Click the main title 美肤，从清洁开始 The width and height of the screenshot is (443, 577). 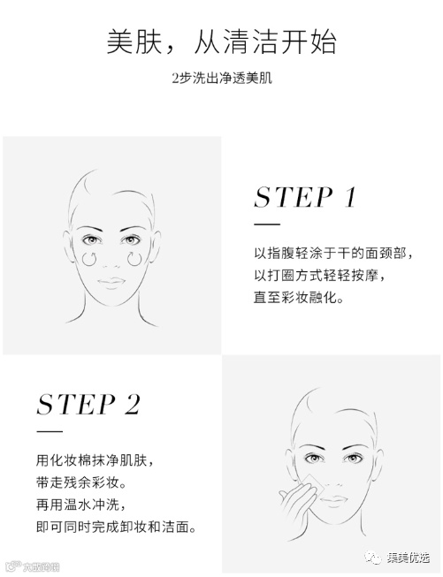tap(221, 42)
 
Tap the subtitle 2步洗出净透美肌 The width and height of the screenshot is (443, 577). tap(222, 78)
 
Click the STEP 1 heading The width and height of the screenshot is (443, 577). tap(305, 197)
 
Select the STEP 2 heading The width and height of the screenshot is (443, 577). tap(88, 405)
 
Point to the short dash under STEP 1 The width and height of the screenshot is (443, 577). tap(267, 224)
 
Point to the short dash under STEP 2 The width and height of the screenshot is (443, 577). tap(50, 431)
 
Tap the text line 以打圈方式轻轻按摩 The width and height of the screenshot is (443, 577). tap(319, 276)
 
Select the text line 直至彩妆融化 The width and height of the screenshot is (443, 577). tap(299, 297)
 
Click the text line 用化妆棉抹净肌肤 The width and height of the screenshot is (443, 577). tap(95, 460)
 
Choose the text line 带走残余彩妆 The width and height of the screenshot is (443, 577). tap(81, 482)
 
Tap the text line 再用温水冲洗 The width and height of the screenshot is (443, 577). tap(81, 505)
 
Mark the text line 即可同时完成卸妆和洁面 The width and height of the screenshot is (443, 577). tap(116, 527)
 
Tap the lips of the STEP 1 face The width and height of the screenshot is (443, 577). tap(111, 283)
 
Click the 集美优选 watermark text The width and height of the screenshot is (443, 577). tap(409, 558)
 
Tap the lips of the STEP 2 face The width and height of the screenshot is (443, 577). tap(333, 501)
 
